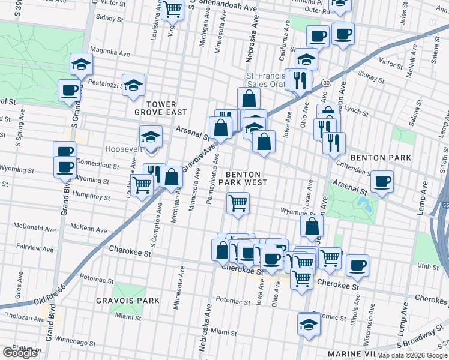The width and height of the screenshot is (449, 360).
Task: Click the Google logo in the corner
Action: click(x=20, y=352)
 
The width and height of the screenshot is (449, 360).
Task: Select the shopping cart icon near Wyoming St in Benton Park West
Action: click(x=238, y=203)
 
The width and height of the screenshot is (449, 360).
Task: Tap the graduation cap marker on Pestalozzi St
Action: click(x=134, y=85)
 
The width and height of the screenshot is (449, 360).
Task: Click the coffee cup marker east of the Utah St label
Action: click(x=357, y=265)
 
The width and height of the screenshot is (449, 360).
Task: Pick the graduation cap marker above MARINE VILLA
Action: click(x=309, y=324)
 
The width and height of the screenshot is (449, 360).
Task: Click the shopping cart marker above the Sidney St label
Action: click(x=173, y=8)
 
